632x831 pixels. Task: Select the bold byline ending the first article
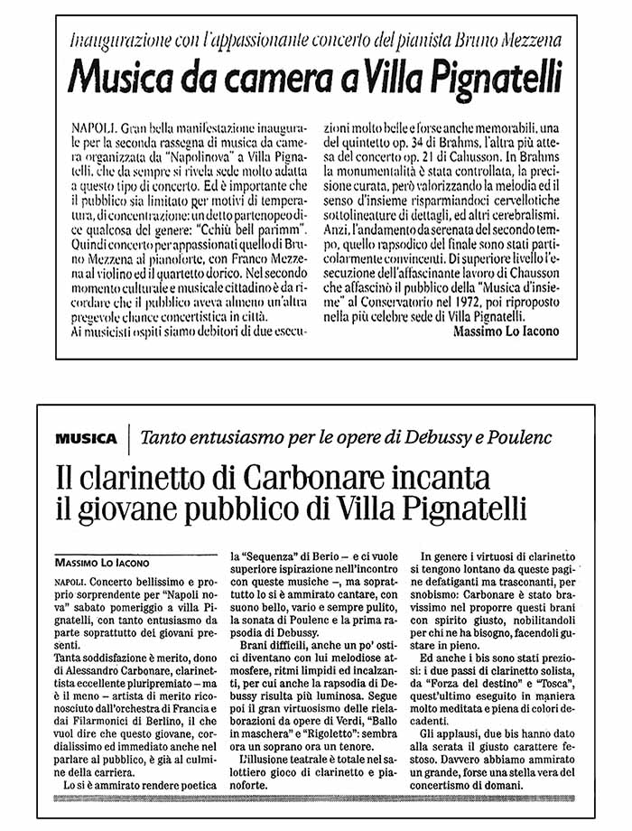coord(505,331)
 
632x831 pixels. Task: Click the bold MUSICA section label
coord(86,438)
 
